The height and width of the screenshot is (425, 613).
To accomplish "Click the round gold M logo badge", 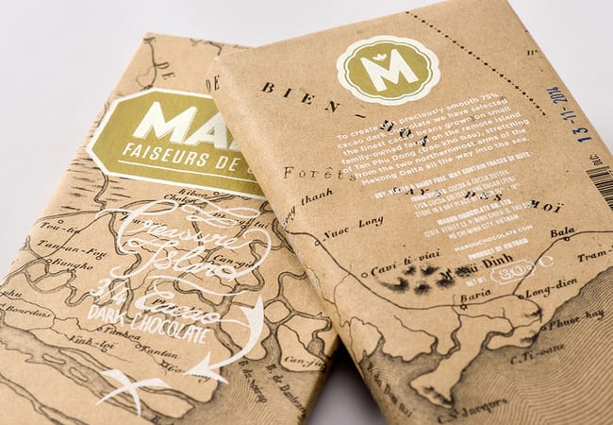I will pyautogui.click(x=387, y=69).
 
